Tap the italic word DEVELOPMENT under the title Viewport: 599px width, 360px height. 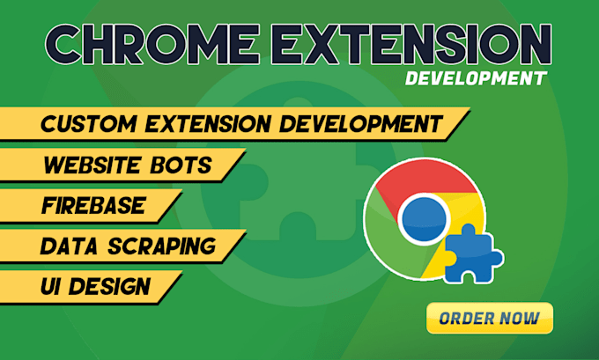click(474, 79)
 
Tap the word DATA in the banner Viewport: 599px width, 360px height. click(69, 246)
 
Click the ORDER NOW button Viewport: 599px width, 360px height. click(489, 319)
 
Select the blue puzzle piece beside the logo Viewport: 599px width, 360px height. click(472, 253)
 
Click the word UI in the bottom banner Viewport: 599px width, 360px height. click(55, 286)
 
